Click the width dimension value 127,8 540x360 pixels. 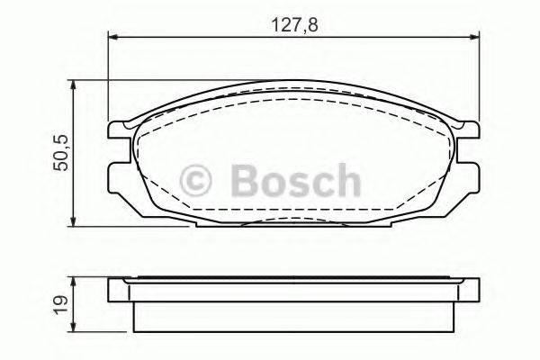click(294, 24)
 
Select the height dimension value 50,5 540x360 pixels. click(60, 152)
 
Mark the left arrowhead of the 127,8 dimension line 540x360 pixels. click(112, 36)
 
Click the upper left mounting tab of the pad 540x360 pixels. click(117, 131)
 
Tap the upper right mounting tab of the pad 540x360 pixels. click(468, 131)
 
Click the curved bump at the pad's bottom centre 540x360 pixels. click(292, 221)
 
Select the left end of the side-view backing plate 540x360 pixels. click(113, 291)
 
